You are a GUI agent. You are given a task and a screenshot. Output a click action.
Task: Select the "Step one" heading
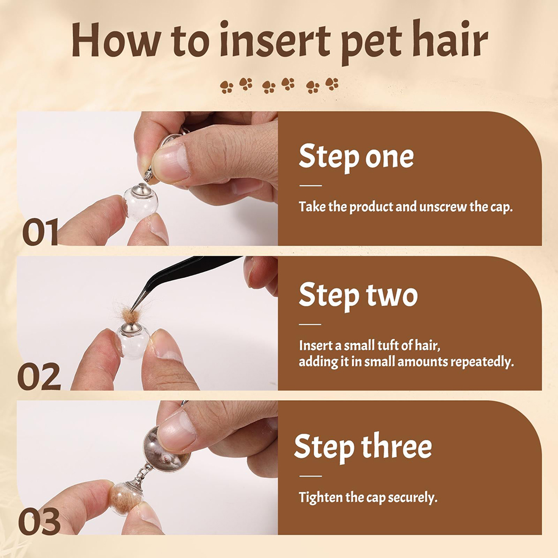point(356,157)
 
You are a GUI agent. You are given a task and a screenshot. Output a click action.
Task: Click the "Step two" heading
point(358,295)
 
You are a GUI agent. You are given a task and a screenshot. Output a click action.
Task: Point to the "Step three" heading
point(363,447)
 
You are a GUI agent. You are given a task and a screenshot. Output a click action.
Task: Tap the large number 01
point(40,232)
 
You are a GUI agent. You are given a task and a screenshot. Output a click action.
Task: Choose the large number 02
point(39,377)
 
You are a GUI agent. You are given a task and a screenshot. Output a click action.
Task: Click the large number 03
point(39,521)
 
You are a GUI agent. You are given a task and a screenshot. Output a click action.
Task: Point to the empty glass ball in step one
point(141,203)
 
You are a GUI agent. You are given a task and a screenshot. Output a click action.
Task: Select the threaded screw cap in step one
point(150,175)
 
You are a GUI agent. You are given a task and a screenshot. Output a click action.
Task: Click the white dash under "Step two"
point(310,325)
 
